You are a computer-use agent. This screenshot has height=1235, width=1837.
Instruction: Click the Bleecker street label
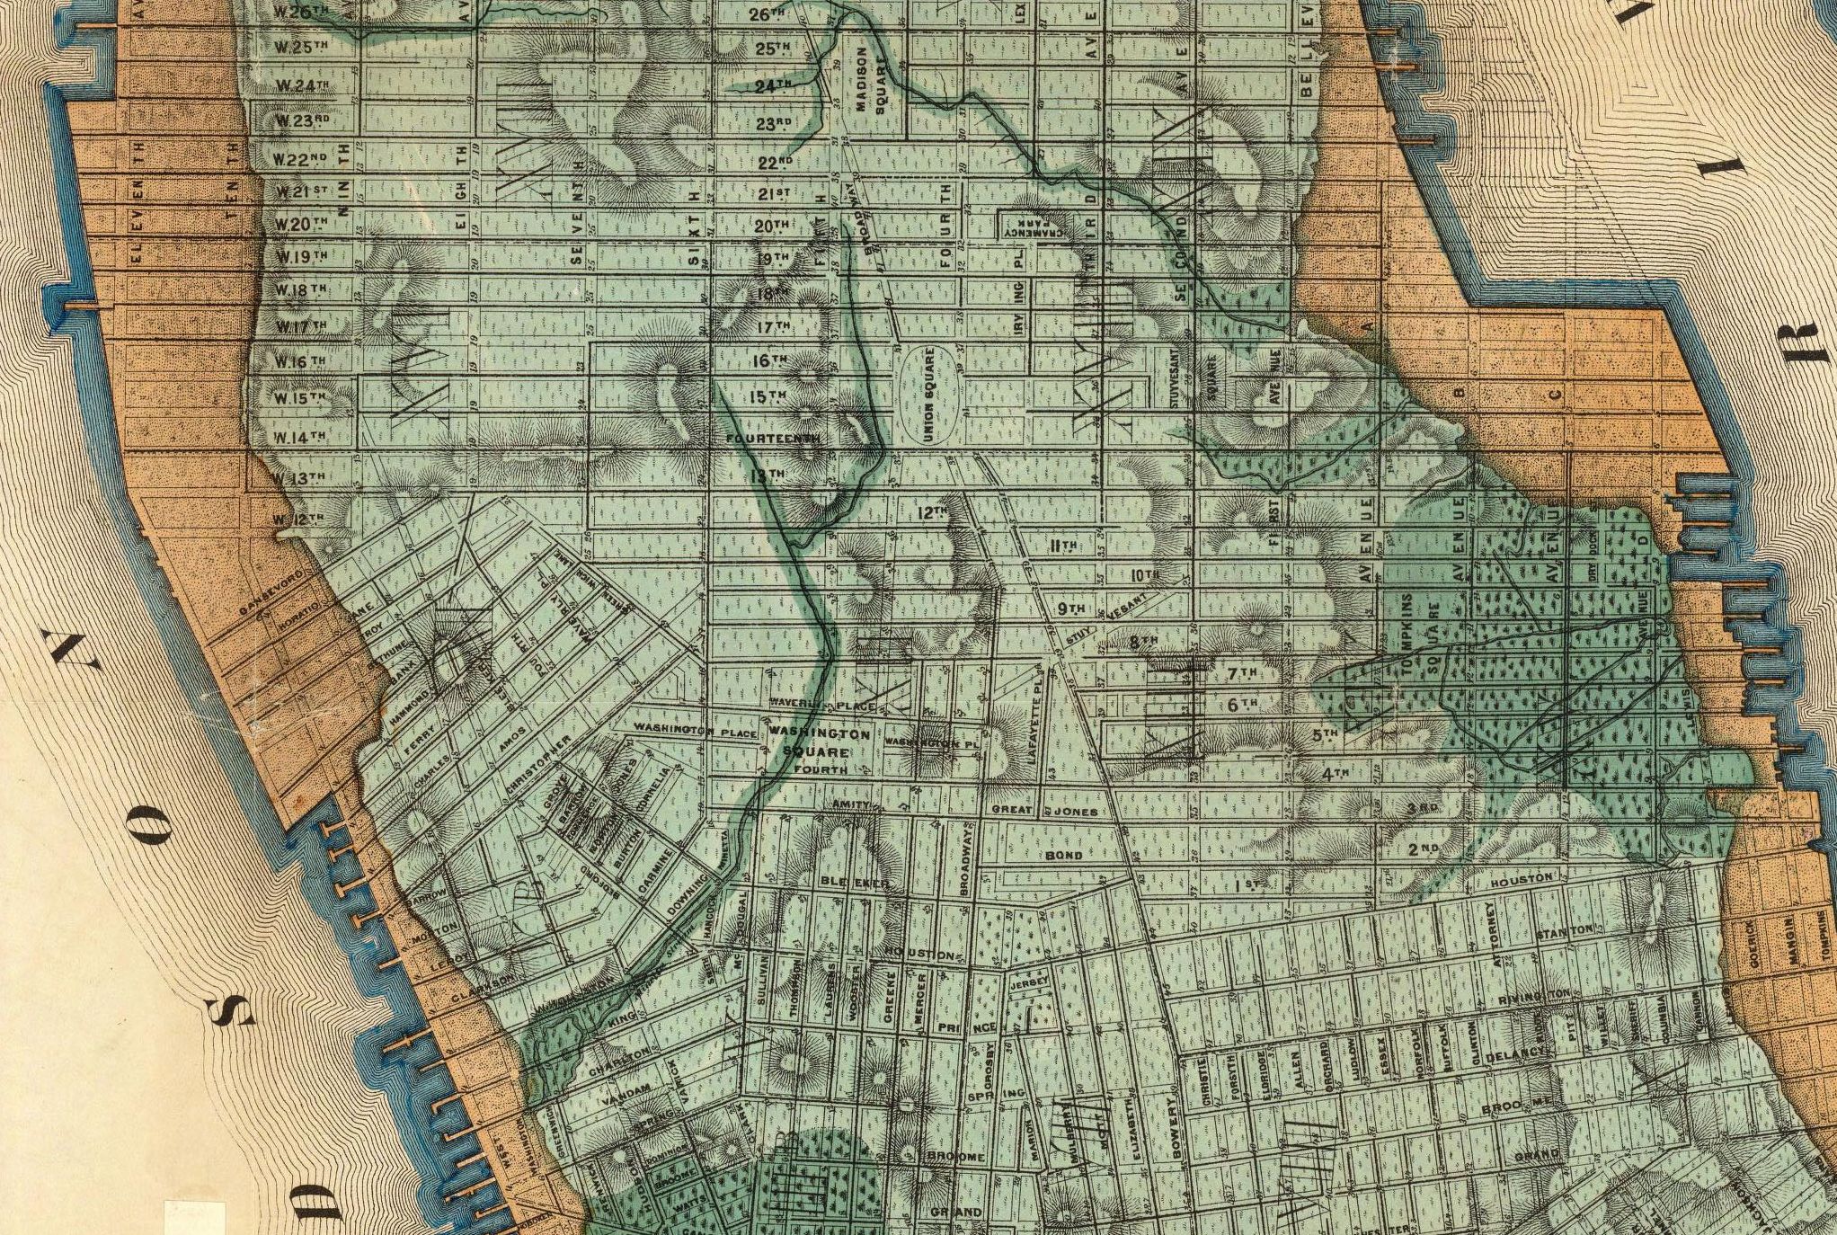(854, 884)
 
